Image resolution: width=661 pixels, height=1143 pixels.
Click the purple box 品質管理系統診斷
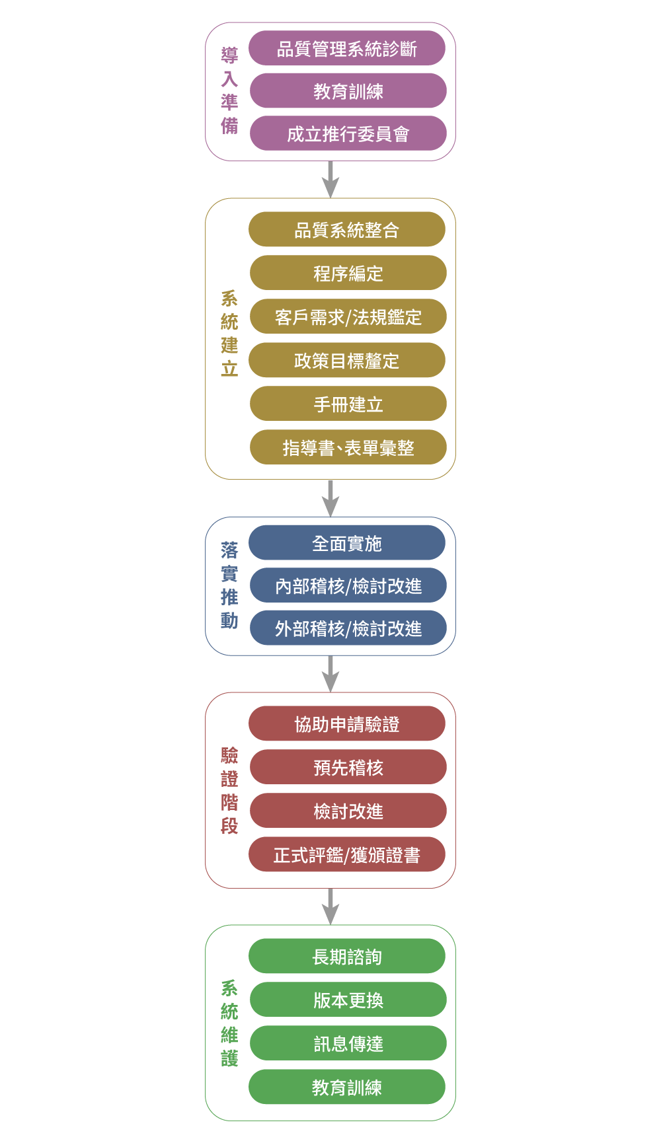coord(347,48)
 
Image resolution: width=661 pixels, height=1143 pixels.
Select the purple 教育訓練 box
coord(348,91)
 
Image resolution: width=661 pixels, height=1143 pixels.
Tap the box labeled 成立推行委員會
coord(348,133)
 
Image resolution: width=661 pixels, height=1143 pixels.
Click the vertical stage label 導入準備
coord(229,91)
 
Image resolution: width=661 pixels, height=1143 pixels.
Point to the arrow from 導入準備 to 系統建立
coord(330,180)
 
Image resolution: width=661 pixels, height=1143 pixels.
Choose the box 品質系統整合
coord(347,229)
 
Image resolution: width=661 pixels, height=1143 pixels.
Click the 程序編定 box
coord(348,273)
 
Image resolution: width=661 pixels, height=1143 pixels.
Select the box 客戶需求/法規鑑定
coord(348,316)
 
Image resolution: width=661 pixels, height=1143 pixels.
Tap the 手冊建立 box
coord(348,404)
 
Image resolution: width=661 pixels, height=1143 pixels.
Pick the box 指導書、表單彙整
coord(348,447)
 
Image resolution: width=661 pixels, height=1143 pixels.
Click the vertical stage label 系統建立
coord(229,334)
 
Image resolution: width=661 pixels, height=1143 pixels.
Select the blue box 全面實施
coord(347,542)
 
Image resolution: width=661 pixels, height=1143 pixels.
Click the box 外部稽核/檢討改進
coord(348,628)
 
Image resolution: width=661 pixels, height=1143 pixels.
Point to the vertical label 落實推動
coord(229,585)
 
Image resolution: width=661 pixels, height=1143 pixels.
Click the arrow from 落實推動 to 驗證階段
coord(330,674)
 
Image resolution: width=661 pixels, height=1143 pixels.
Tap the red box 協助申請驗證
coord(347,723)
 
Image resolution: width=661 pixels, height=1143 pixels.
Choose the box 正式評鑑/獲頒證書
coord(347,854)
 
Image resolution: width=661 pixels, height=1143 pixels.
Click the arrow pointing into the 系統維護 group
coord(330,906)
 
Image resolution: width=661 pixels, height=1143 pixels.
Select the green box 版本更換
coord(348,1000)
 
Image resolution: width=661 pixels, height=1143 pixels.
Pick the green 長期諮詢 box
coord(347,956)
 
